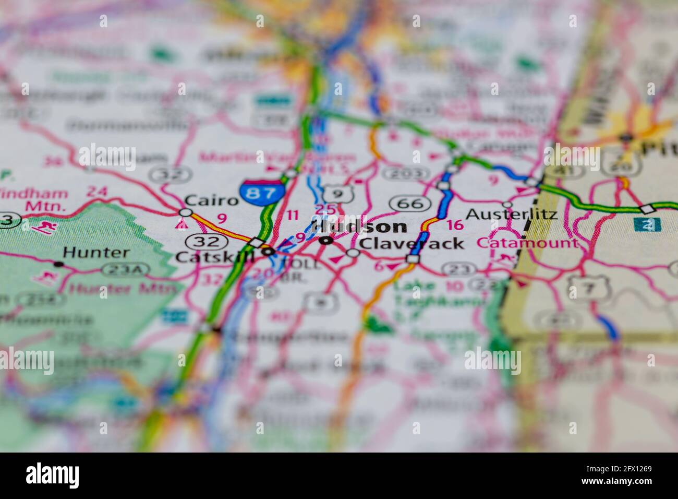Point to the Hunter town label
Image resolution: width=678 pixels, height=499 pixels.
click(96, 253)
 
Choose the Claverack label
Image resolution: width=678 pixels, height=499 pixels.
click(411, 243)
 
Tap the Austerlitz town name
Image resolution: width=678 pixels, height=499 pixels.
click(511, 214)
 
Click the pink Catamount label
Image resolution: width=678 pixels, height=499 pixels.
click(527, 243)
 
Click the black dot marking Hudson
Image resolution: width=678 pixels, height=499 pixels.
click(326, 241)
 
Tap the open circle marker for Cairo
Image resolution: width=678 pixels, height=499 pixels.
click(185, 212)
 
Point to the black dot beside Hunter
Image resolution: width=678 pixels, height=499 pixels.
click(58, 265)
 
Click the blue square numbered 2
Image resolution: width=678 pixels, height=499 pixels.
click(647, 225)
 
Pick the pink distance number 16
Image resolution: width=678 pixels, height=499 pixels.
click(455, 225)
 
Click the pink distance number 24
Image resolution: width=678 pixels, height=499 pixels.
click(96, 192)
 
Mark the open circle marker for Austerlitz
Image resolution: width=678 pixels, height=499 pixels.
click(507, 204)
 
